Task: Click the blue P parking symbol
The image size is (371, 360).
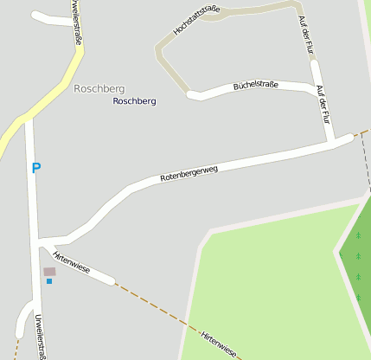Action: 35,168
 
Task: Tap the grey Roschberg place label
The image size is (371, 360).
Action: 99,89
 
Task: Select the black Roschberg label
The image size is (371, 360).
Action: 135,101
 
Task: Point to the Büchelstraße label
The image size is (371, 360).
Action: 255,86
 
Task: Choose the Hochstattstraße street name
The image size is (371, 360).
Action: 196,21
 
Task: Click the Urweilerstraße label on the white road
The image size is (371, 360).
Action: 40,336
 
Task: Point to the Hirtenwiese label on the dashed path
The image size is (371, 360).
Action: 219,344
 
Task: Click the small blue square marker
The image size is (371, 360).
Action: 49,281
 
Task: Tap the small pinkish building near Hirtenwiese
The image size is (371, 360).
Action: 49,272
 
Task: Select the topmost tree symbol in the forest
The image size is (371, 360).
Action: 358,235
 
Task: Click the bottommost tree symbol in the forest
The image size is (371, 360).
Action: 358,297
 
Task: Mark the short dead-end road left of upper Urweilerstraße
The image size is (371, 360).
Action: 52,18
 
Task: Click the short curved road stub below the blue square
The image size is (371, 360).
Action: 21,320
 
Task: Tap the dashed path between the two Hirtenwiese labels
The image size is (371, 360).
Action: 156,304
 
